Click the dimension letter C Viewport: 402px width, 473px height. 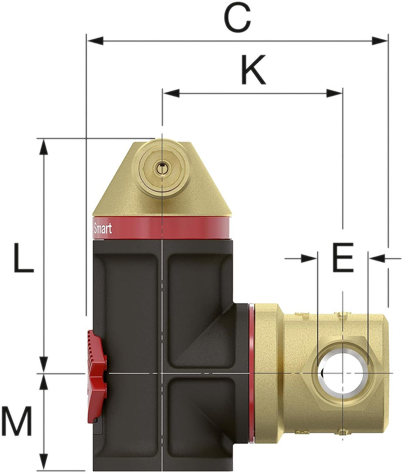click(x=238, y=18)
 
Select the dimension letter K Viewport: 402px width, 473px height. click(x=252, y=70)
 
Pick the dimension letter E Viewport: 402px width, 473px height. click(x=342, y=258)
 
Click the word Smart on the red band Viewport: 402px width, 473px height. click(x=102, y=229)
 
